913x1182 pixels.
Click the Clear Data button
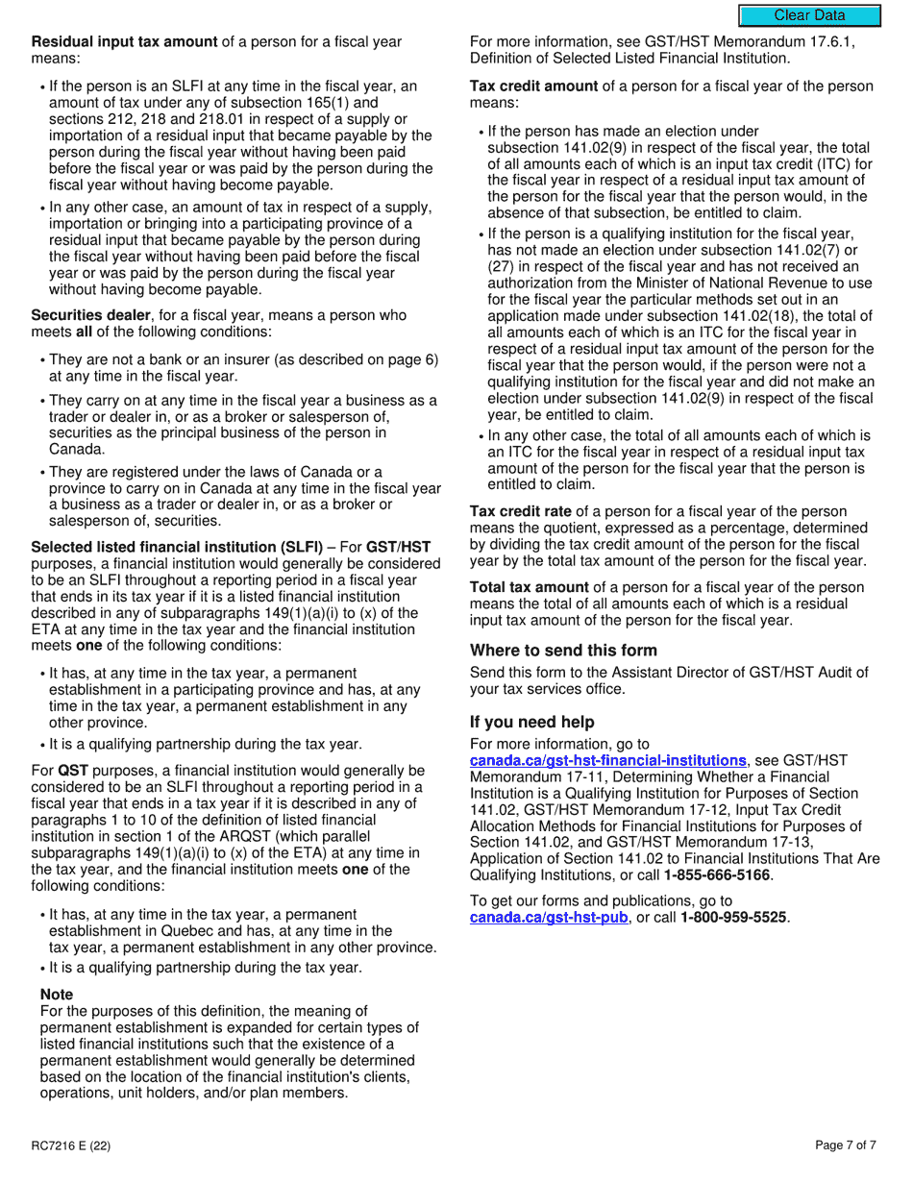click(x=809, y=15)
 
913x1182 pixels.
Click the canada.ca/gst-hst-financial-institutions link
click(x=607, y=760)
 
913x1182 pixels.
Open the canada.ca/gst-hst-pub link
click(x=548, y=918)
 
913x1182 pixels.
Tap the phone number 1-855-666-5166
click(x=718, y=875)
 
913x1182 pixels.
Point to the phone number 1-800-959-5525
click(x=734, y=918)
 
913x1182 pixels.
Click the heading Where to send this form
click(x=563, y=651)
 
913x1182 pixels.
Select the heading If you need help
click(x=531, y=722)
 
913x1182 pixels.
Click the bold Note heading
click(x=57, y=995)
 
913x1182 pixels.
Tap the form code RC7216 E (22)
click(x=70, y=1145)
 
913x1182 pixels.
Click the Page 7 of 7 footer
click(x=846, y=1145)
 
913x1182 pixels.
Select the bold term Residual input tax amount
click(x=124, y=42)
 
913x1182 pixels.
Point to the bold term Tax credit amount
click(x=533, y=86)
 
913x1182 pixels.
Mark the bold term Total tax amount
click(x=529, y=587)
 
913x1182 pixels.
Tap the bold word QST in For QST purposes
click(x=73, y=771)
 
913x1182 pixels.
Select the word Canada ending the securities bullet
click(x=75, y=449)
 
